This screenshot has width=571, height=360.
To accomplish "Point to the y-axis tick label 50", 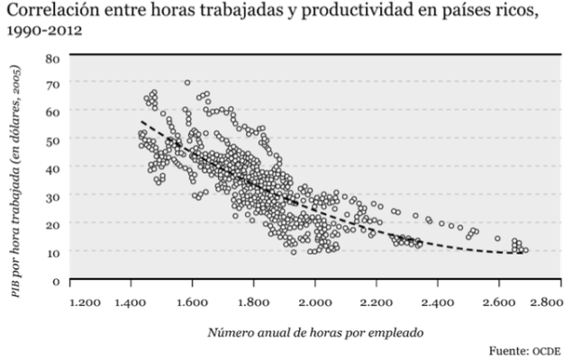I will (52, 140).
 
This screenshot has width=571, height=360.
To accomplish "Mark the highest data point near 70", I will (187, 83).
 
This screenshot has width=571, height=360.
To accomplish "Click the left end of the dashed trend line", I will (140, 121).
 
